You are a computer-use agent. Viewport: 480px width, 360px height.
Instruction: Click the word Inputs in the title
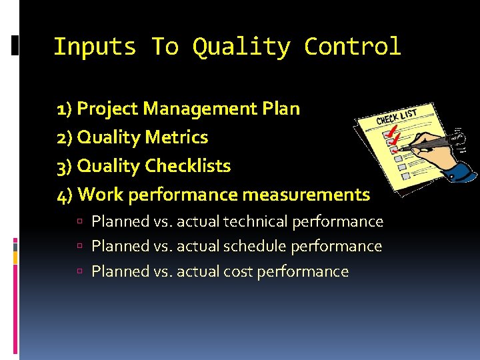[94, 47]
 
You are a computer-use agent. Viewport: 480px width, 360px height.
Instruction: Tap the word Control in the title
[352, 47]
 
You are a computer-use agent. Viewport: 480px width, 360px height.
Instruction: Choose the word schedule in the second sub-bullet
[254, 246]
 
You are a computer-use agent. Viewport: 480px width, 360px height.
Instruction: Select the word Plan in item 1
[282, 109]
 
